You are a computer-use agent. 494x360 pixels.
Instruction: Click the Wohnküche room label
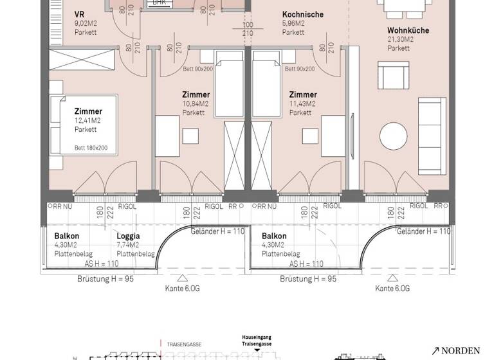[408, 30]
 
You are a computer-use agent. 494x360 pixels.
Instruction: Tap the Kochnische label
[302, 14]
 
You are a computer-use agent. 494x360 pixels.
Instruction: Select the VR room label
[80, 14]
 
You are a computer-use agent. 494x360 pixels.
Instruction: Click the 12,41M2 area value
[86, 120]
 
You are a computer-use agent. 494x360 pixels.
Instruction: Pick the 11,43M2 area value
[302, 104]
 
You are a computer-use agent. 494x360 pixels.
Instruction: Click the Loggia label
[128, 236]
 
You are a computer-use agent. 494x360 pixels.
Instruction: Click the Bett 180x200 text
[91, 148]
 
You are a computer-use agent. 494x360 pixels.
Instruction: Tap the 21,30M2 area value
[400, 39]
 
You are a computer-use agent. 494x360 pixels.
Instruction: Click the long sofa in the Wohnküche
[432, 136]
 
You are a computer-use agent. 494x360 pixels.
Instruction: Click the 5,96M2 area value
[293, 23]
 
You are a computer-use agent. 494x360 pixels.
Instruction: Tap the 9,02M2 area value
[85, 23]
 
